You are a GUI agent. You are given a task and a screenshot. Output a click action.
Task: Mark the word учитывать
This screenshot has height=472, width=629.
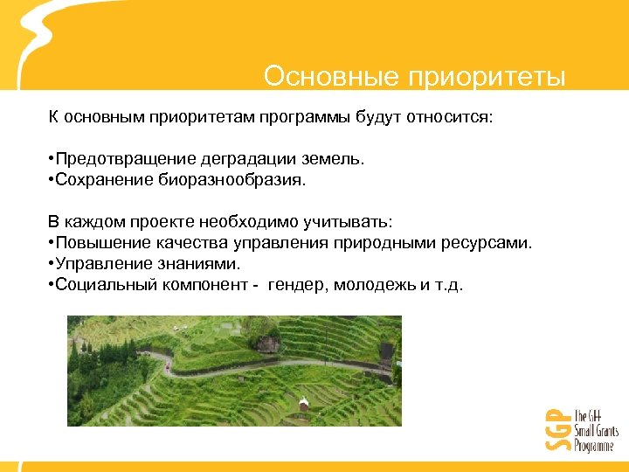click(346, 223)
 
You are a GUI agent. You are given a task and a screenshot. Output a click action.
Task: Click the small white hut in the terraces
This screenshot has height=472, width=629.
click(303, 404)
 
